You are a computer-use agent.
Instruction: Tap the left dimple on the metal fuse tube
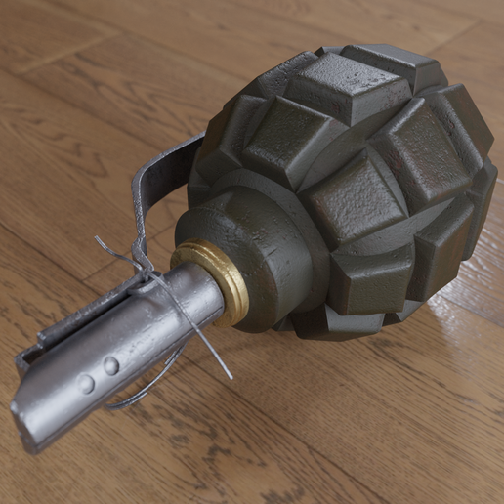point(87,384)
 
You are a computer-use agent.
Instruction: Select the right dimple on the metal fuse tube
point(111,366)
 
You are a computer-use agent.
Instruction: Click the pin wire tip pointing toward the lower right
point(230,377)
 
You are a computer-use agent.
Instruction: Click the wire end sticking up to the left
point(101,240)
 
